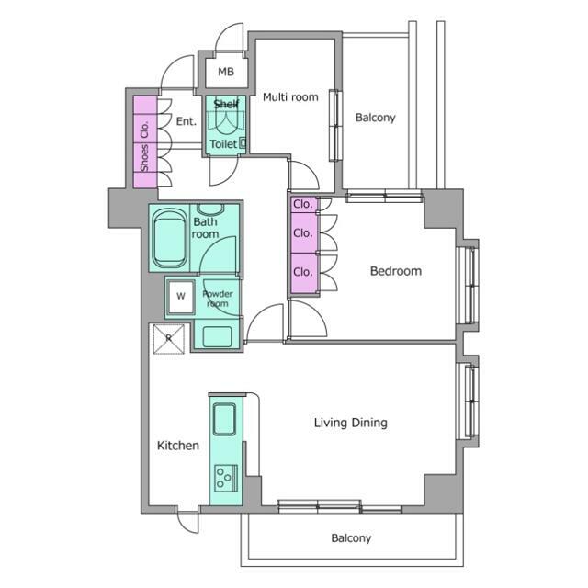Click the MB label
[x=226, y=72]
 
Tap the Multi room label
[x=290, y=97]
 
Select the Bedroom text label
[x=396, y=271]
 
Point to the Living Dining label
[x=351, y=423]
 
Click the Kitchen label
[x=177, y=446]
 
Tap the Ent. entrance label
[x=186, y=121]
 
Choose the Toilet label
[x=223, y=143]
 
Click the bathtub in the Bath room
[x=170, y=238]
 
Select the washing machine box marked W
[x=181, y=297]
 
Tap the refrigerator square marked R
[x=169, y=339]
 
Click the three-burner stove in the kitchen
[x=226, y=478]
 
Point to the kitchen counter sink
[x=224, y=419]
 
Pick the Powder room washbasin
[x=217, y=336]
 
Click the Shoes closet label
[x=144, y=158]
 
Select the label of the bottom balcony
[x=351, y=537]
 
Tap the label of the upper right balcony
[x=376, y=118]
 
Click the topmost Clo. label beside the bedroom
[x=302, y=204]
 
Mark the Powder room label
[x=218, y=299]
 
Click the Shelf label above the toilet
[x=226, y=104]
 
